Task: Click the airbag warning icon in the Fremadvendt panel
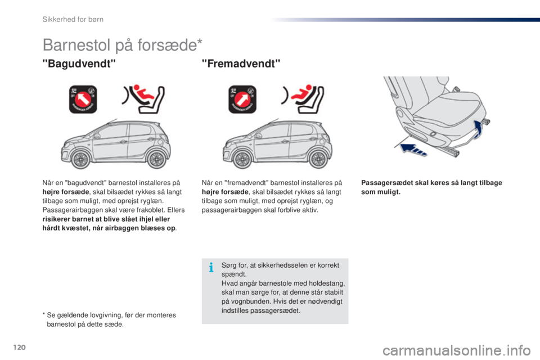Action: click(x=241, y=100)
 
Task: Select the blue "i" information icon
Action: click(x=210, y=268)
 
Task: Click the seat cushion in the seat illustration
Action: click(x=450, y=107)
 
